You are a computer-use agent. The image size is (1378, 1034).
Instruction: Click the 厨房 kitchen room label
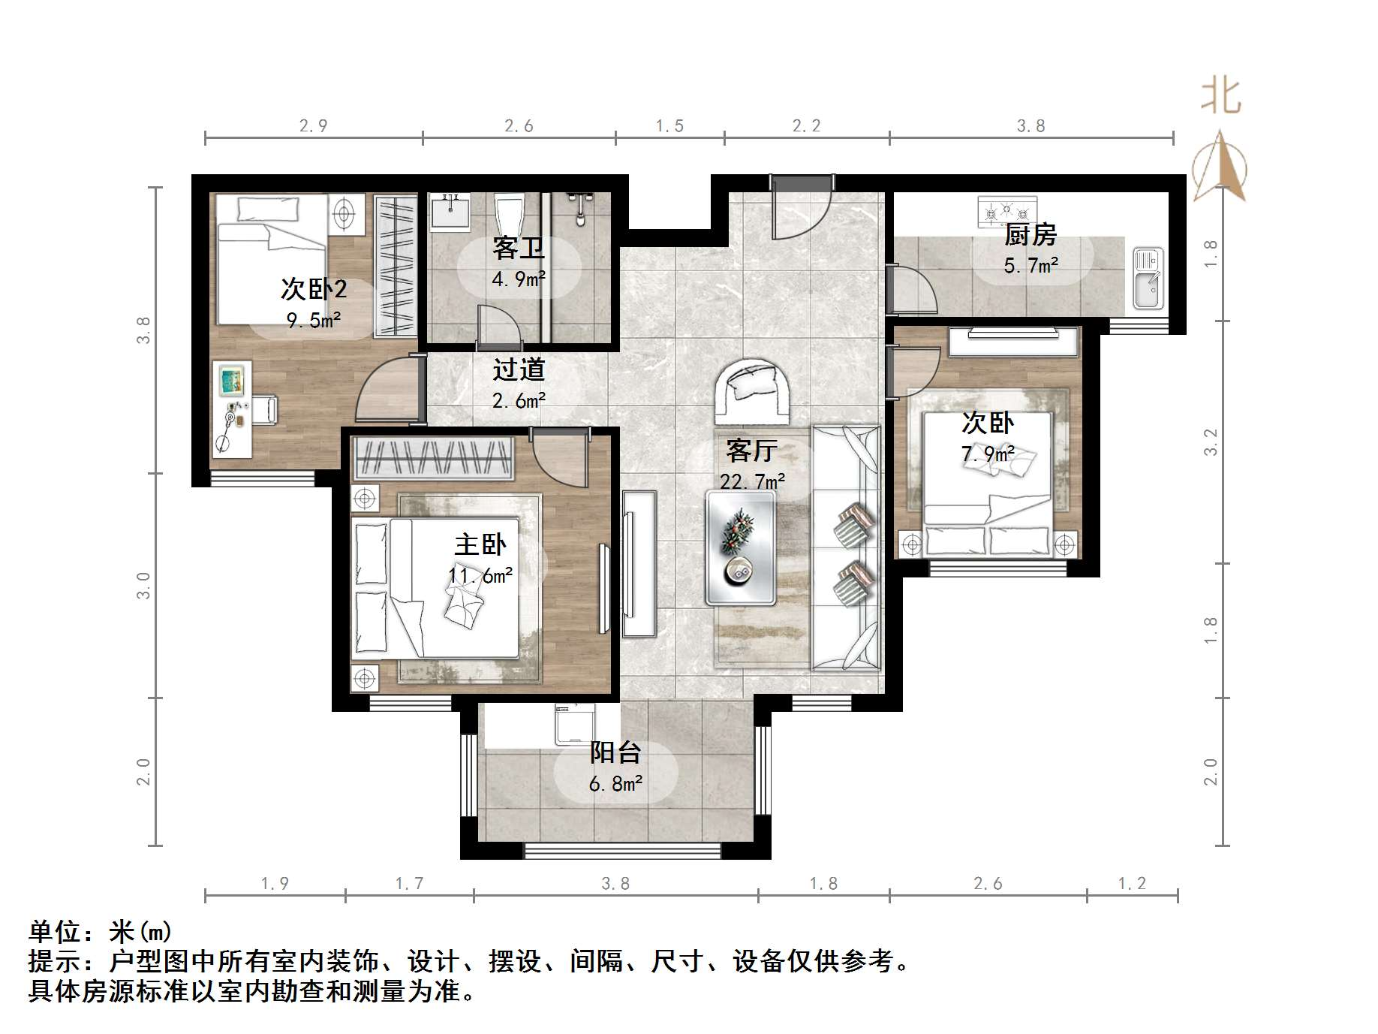point(1030,236)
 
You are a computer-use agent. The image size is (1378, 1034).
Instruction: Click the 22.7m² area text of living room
point(752,481)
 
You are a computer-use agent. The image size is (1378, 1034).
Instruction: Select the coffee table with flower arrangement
point(740,548)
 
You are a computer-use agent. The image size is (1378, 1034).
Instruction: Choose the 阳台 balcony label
point(615,752)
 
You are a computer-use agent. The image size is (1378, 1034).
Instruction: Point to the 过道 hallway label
point(519,369)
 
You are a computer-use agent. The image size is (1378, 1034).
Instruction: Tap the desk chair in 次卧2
point(263,409)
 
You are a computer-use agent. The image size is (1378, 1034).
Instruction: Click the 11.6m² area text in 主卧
point(480,576)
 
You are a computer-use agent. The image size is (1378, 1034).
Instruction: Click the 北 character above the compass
point(1221,97)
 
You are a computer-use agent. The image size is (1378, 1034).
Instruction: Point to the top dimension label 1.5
point(669,126)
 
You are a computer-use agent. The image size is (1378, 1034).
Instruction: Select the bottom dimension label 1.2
point(1132,884)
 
